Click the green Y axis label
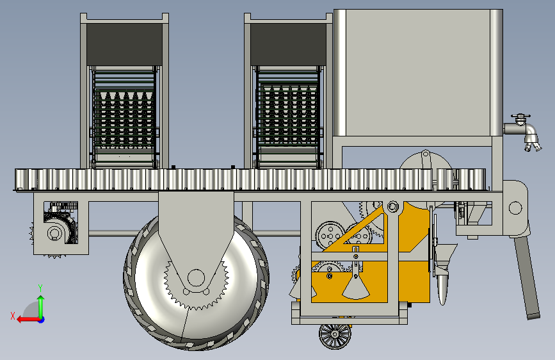40,288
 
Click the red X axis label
13,316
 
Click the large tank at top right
418,72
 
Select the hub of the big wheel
196,277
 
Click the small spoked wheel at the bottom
335,335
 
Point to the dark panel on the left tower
124,44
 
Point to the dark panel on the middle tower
289,44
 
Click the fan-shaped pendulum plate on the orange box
356,287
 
